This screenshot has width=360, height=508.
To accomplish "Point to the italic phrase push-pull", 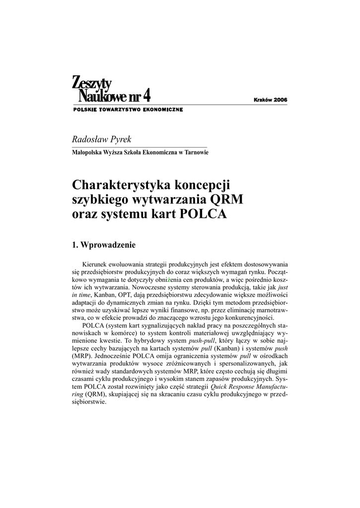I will coord(200,342).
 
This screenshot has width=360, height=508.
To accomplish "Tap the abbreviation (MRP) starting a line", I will coord(82,356).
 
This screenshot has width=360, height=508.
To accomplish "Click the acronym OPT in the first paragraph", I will coord(124,294).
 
